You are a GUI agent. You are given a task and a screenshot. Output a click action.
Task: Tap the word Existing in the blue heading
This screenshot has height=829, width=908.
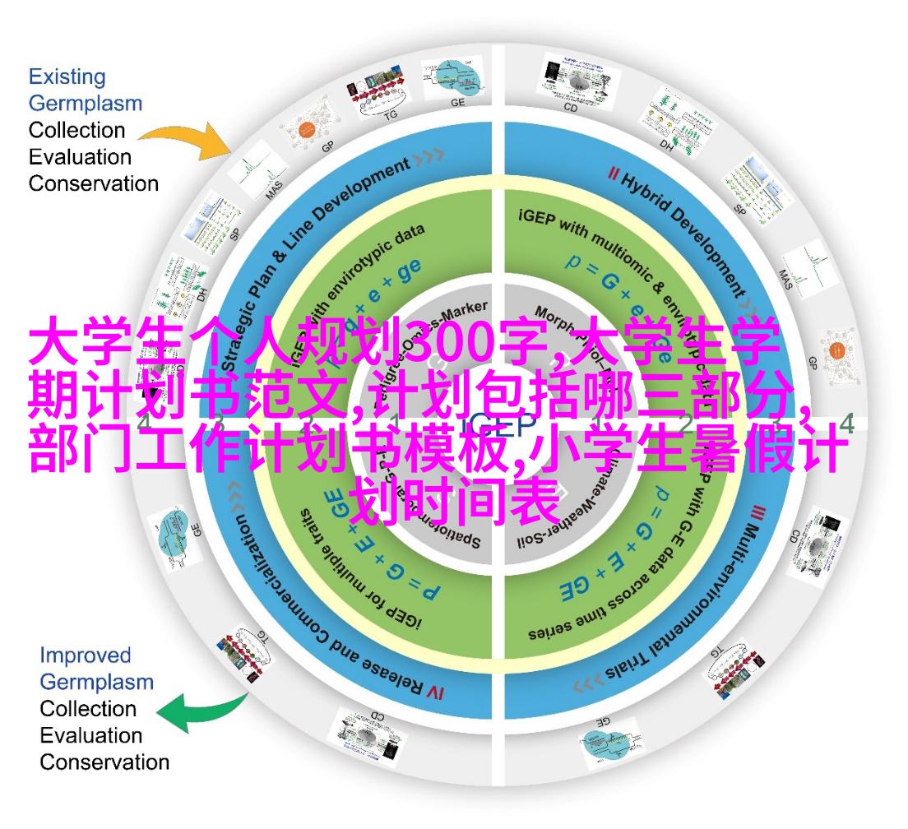click(x=67, y=77)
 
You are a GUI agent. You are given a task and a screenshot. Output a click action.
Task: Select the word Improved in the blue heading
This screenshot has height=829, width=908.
click(x=86, y=655)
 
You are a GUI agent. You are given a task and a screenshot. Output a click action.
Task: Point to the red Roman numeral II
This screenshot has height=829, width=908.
click(x=612, y=174)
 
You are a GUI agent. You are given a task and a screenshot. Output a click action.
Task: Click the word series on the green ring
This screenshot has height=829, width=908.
click(x=549, y=634)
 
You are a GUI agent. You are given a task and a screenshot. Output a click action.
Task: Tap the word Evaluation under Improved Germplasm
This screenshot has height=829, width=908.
click(x=91, y=735)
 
